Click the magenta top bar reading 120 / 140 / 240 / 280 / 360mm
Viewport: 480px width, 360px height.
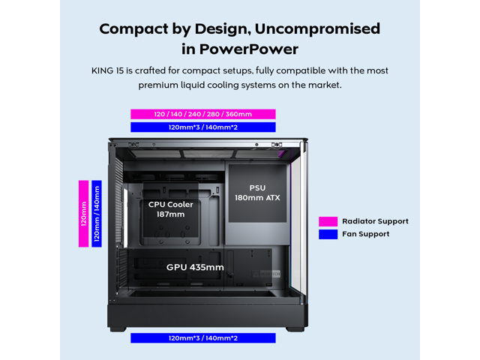pos(202,114)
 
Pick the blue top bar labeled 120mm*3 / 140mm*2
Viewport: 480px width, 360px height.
pos(202,127)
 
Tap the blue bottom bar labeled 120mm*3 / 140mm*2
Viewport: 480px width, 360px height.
pos(202,338)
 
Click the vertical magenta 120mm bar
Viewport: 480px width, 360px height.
pos(84,213)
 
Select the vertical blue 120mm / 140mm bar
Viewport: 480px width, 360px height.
pos(97,213)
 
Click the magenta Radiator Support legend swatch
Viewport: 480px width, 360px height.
pos(328,221)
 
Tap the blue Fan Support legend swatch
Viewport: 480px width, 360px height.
pos(328,234)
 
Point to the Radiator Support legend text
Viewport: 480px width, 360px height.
pos(375,221)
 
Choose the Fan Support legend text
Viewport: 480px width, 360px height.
pos(365,234)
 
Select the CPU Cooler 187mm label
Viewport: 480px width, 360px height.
pos(171,209)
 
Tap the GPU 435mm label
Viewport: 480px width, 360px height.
pos(195,267)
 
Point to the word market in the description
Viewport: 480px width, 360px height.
pos(324,85)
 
